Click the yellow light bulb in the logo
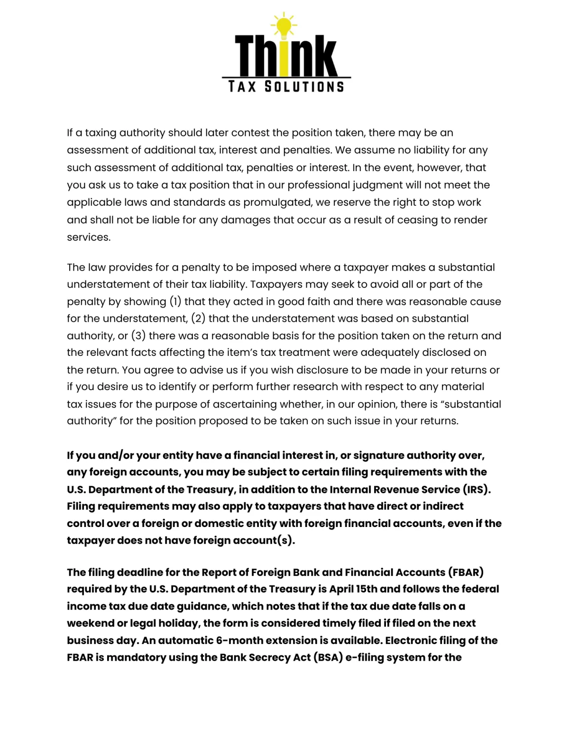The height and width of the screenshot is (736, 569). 284,25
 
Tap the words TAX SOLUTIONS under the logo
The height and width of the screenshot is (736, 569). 286,87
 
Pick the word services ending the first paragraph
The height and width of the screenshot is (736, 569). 88,237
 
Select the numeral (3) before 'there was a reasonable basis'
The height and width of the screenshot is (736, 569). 138,336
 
